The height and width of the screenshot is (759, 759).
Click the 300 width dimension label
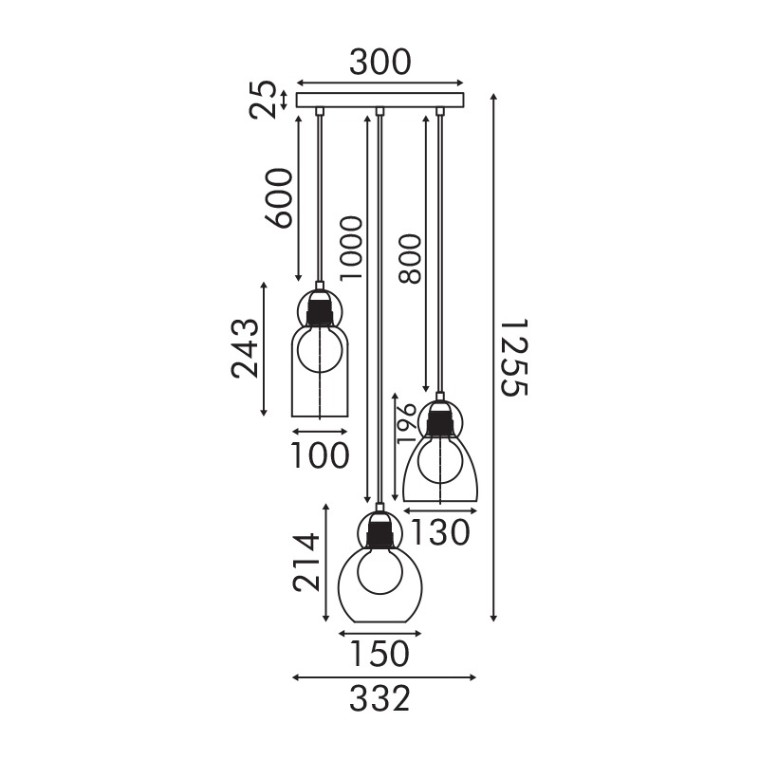[380, 63]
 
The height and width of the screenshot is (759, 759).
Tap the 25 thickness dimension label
[263, 100]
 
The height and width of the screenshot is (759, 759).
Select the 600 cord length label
[279, 198]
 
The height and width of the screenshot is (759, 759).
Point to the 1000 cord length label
[351, 248]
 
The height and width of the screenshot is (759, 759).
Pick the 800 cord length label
[410, 258]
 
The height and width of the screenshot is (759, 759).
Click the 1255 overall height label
[513, 358]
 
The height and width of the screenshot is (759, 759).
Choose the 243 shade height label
[245, 348]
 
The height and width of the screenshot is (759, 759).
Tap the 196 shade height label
[406, 423]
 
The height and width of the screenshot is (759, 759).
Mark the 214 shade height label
[306, 563]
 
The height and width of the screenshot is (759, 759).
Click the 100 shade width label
[320, 455]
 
